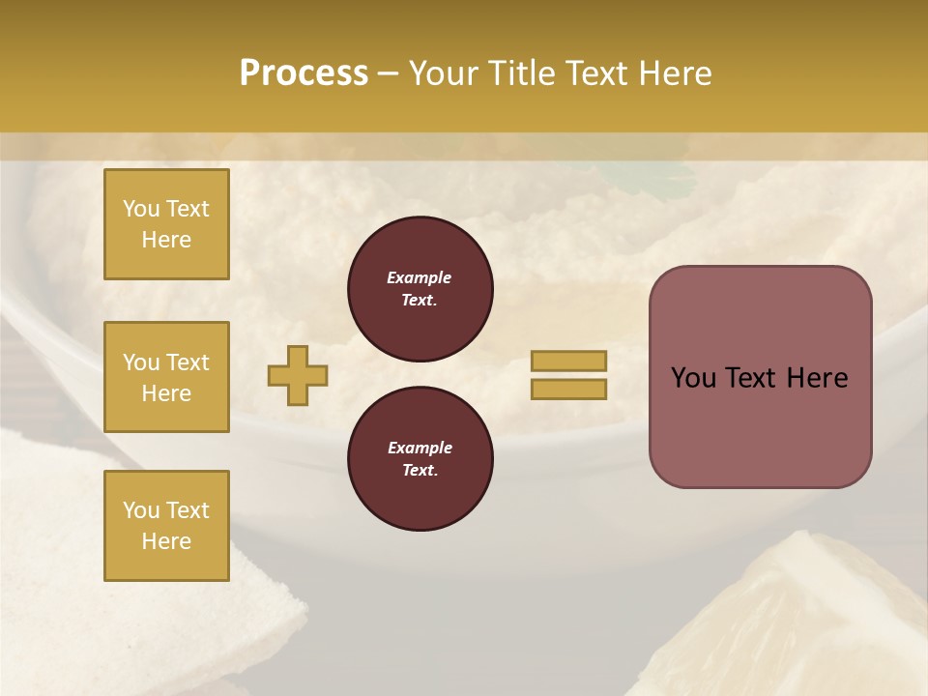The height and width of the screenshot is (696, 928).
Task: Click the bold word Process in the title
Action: coord(304,72)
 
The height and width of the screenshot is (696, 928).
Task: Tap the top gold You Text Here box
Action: coord(166,224)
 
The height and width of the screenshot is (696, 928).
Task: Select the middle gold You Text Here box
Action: coord(166,377)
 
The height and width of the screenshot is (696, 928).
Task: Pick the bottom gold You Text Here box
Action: coord(166,525)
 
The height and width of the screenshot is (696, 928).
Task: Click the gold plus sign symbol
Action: coord(298,375)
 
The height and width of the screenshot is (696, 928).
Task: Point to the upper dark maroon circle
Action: coord(420,289)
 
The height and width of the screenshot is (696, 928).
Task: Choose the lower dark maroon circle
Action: coord(420,458)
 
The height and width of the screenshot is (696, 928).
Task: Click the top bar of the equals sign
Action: coord(568,361)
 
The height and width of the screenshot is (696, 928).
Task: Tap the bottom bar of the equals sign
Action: coord(568,390)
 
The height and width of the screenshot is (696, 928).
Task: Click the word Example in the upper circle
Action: coord(420,277)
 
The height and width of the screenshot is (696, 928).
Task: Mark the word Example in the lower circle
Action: coord(420,448)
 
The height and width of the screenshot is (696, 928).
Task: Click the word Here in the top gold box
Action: coord(166,240)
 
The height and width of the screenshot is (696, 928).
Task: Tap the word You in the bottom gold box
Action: coord(141,509)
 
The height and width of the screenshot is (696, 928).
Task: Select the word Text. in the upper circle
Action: coord(420,301)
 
